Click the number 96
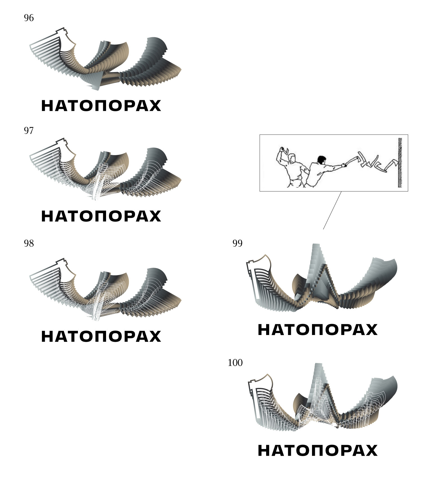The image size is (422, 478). [x=29, y=18]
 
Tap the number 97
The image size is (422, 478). [x=29, y=131]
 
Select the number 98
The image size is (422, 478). [x=29, y=243]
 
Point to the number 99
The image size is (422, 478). [x=237, y=243]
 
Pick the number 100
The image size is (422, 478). [x=235, y=363]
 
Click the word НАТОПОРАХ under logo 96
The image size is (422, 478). [x=101, y=106]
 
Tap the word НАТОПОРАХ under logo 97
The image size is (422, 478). [x=101, y=216]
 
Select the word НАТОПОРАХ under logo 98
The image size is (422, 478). [x=101, y=336]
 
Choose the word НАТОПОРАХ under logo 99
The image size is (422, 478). [x=317, y=330]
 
